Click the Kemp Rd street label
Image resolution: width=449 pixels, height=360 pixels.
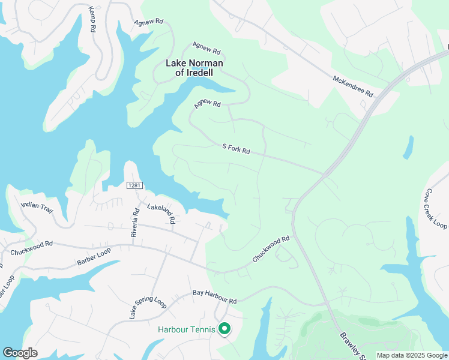coord(92,20)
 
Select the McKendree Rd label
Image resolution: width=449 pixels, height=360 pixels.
coord(354,86)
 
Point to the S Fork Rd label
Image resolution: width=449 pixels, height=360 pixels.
coord(236,148)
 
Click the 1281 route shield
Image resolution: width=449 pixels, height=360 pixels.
coord(134,186)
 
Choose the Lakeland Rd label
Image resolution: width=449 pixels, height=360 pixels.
coord(161,212)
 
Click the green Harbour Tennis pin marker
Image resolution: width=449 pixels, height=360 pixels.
coord(224,329)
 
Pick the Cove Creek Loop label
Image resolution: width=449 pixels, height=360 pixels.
coord(436,209)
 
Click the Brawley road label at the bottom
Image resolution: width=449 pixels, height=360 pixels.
coord(351,346)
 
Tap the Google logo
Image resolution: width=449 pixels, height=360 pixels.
coord(20,352)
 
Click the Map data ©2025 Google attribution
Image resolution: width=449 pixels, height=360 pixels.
coord(411,355)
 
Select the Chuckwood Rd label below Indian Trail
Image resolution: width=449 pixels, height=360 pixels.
coord(32,247)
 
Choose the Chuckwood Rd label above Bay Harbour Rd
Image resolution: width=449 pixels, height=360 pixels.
coord(271,248)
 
